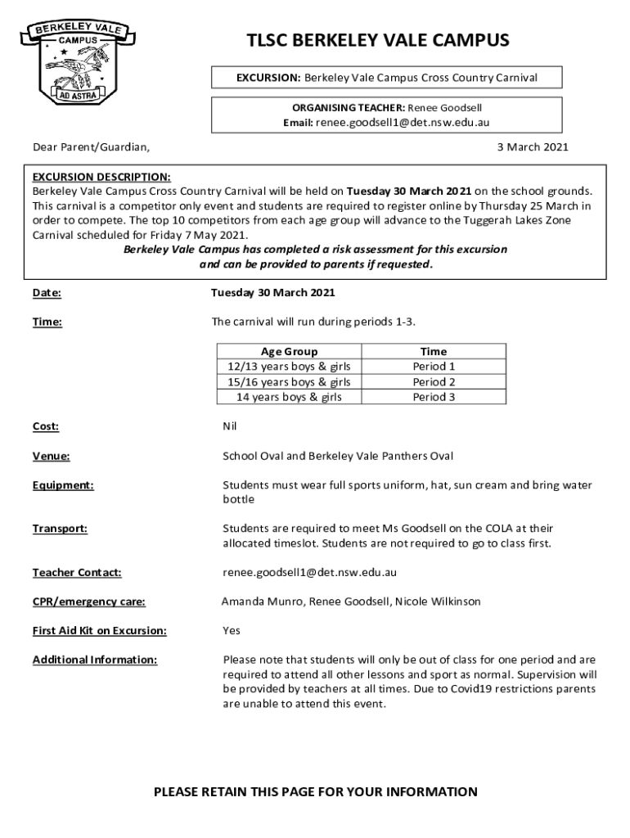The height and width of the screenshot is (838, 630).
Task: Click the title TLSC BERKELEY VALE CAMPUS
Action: tap(378, 41)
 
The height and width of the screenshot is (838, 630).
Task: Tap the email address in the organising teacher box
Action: tap(403, 122)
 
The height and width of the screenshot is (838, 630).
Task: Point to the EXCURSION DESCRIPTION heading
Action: tap(101, 177)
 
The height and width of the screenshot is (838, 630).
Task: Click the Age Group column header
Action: tap(289, 352)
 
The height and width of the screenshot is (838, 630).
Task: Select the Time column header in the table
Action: tap(434, 352)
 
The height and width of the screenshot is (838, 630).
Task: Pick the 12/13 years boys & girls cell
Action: tap(289, 367)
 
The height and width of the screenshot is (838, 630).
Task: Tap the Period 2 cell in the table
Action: tap(434, 382)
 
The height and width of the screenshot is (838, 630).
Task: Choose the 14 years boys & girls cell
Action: tap(289, 398)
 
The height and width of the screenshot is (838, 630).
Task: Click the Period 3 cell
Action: tap(434, 398)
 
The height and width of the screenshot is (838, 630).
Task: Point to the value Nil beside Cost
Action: tap(231, 426)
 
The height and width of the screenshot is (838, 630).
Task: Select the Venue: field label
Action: tap(51, 456)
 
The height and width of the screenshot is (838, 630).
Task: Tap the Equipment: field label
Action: tap(63, 485)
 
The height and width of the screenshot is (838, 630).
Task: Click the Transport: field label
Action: tap(60, 529)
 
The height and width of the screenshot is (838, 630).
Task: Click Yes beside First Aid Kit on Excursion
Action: tap(232, 631)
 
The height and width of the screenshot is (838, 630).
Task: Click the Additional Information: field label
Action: tap(95, 660)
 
